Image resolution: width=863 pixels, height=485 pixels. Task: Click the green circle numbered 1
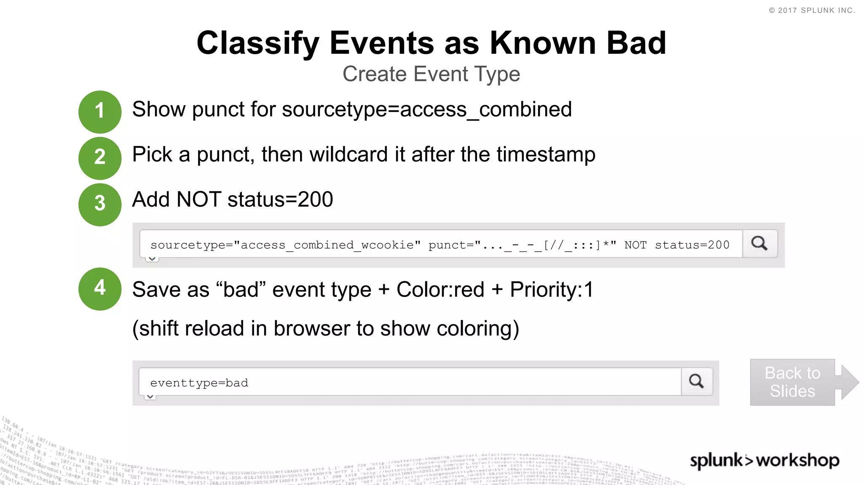[x=100, y=112]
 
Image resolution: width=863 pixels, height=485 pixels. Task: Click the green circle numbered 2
[x=100, y=158]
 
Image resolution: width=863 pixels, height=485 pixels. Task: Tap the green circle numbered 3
[x=100, y=204]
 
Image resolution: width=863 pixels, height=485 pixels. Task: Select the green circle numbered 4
[x=100, y=289]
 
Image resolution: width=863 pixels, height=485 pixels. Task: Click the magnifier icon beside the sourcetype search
[x=759, y=243]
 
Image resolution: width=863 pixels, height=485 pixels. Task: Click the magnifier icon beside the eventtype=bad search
[x=697, y=381]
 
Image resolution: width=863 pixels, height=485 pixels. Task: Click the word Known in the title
[x=542, y=43]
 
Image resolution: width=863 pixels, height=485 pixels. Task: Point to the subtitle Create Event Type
[x=431, y=74]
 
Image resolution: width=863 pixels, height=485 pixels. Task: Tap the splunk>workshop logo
[x=764, y=460]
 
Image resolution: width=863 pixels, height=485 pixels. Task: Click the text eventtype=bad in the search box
[x=199, y=383]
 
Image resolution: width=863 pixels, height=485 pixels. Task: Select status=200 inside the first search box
[x=692, y=245]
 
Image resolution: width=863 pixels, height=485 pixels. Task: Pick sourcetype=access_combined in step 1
[x=426, y=110]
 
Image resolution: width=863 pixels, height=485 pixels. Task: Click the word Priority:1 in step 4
[x=552, y=290]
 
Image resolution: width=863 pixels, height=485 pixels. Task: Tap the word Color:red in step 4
[x=440, y=290]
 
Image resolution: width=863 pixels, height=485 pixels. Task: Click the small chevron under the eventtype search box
[x=150, y=397]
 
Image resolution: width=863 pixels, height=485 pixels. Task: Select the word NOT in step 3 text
[x=199, y=200]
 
